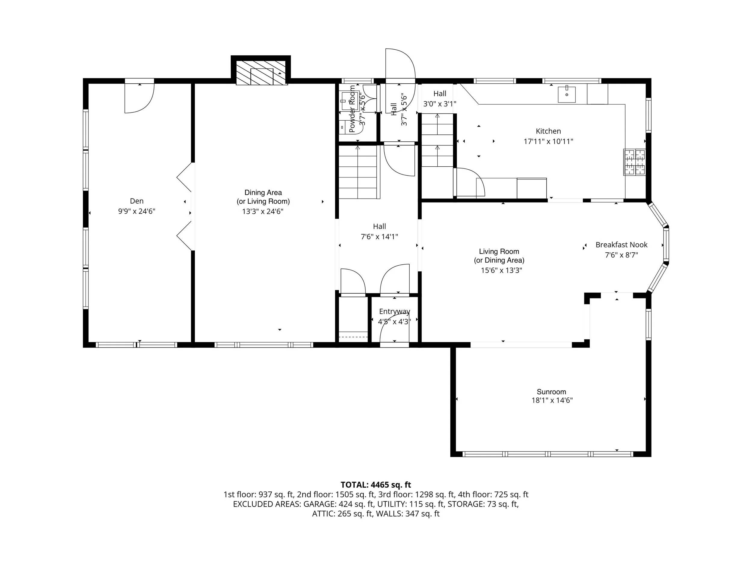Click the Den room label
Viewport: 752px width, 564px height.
pos(137,201)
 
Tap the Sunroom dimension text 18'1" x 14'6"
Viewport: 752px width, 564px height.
pos(552,400)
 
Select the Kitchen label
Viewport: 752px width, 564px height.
pos(548,131)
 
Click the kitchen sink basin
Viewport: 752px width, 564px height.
pos(567,94)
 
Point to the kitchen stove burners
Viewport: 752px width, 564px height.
pos(634,162)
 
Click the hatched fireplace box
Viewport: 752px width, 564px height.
pos(261,73)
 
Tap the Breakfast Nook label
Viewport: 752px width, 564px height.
pos(621,245)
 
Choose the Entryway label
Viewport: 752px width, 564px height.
pos(394,311)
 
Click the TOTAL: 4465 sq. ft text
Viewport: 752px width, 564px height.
pos(376,485)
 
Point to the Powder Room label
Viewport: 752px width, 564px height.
pos(352,109)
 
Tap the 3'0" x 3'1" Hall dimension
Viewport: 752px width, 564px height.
pos(439,104)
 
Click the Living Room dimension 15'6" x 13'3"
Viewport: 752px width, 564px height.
pos(501,270)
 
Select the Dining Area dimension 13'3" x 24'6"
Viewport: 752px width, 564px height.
pos(263,211)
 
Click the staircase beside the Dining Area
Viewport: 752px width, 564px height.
pos(359,172)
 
